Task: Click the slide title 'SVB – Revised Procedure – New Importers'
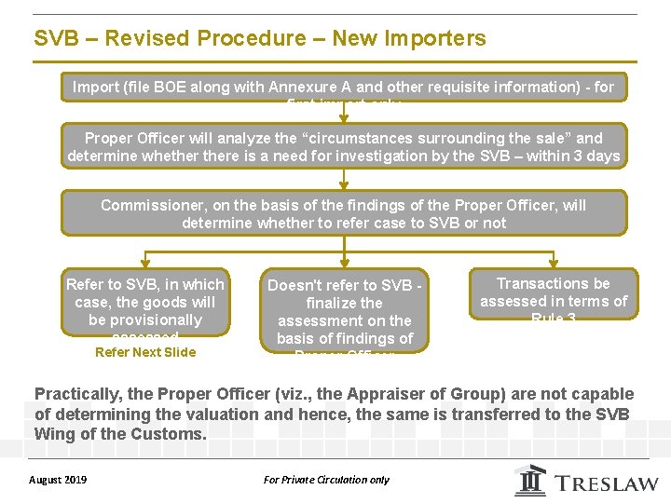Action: point(260,38)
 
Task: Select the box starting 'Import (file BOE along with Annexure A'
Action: point(344,88)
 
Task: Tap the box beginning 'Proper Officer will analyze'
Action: point(344,146)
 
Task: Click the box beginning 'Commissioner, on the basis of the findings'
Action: point(344,213)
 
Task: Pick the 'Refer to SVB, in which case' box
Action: point(144,305)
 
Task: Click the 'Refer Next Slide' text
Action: point(145,352)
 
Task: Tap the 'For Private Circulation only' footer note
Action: point(326,480)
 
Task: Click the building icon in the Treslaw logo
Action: point(530,481)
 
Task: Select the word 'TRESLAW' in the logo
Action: point(607,483)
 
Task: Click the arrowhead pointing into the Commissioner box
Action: point(344,185)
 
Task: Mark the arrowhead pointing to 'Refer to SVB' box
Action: point(144,265)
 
